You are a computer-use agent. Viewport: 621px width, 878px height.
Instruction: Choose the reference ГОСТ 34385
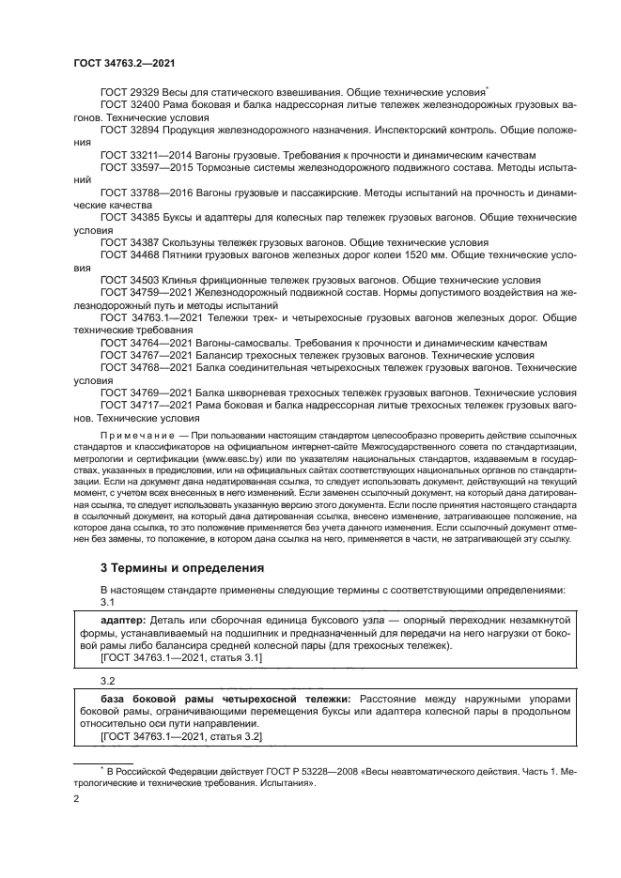(130, 218)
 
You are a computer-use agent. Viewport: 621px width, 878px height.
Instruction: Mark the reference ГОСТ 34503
(130, 281)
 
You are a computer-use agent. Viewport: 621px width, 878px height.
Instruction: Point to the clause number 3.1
(107, 602)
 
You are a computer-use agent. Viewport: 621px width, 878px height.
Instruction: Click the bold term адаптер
(123, 621)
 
